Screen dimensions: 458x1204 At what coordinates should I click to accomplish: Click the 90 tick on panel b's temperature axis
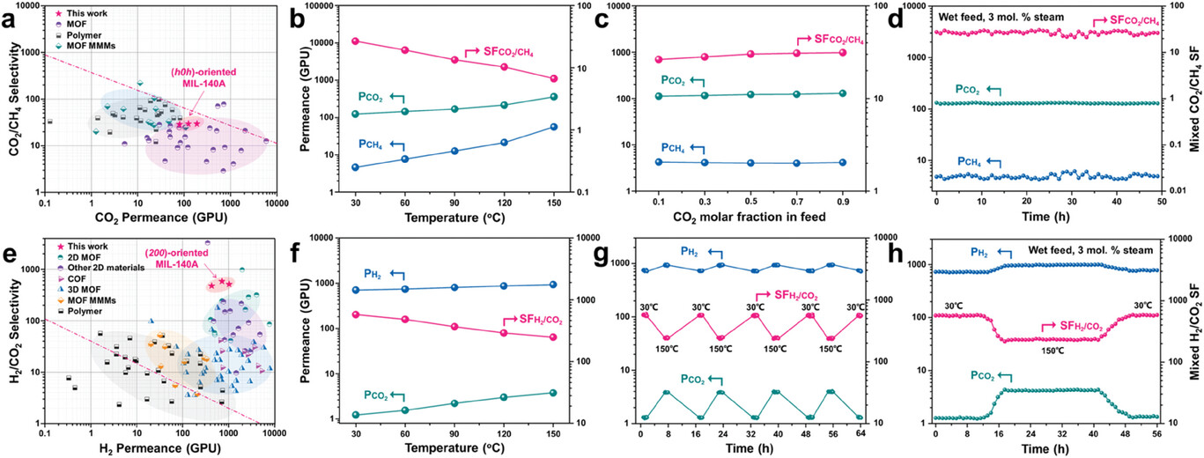click(x=454, y=202)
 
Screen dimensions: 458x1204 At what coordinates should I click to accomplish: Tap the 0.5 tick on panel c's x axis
click(x=749, y=202)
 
